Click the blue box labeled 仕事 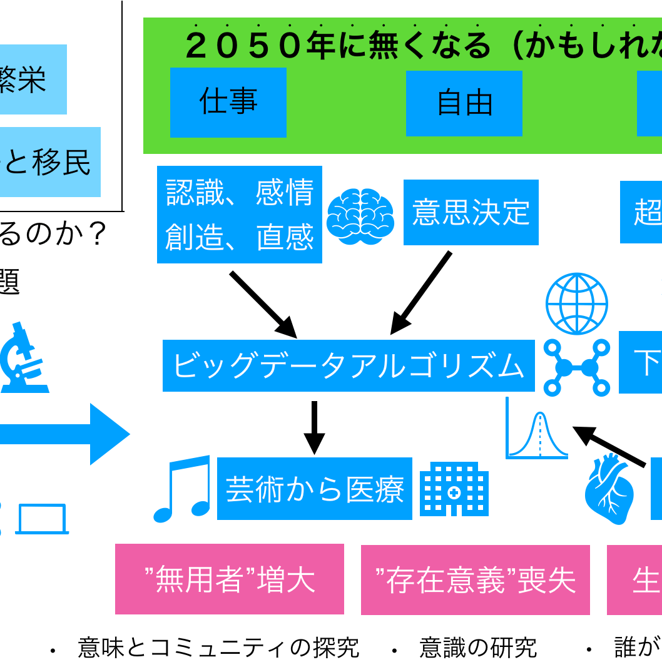[x=228, y=102]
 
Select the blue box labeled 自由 [x=464, y=103]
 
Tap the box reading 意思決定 [x=471, y=212]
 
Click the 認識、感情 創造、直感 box [x=240, y=215]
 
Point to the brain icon [x=360, y=216]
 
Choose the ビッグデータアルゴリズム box [x=349, y=365]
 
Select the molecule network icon [x=576, y=367]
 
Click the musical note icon [x=182, y=488]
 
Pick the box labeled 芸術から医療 [x=315, y=489]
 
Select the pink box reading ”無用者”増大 [x=229, y=579]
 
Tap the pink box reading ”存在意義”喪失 [x=475, y=579]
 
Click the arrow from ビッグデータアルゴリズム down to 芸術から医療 [x=314, y=428]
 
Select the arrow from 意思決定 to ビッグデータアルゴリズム [x=420, y=293]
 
